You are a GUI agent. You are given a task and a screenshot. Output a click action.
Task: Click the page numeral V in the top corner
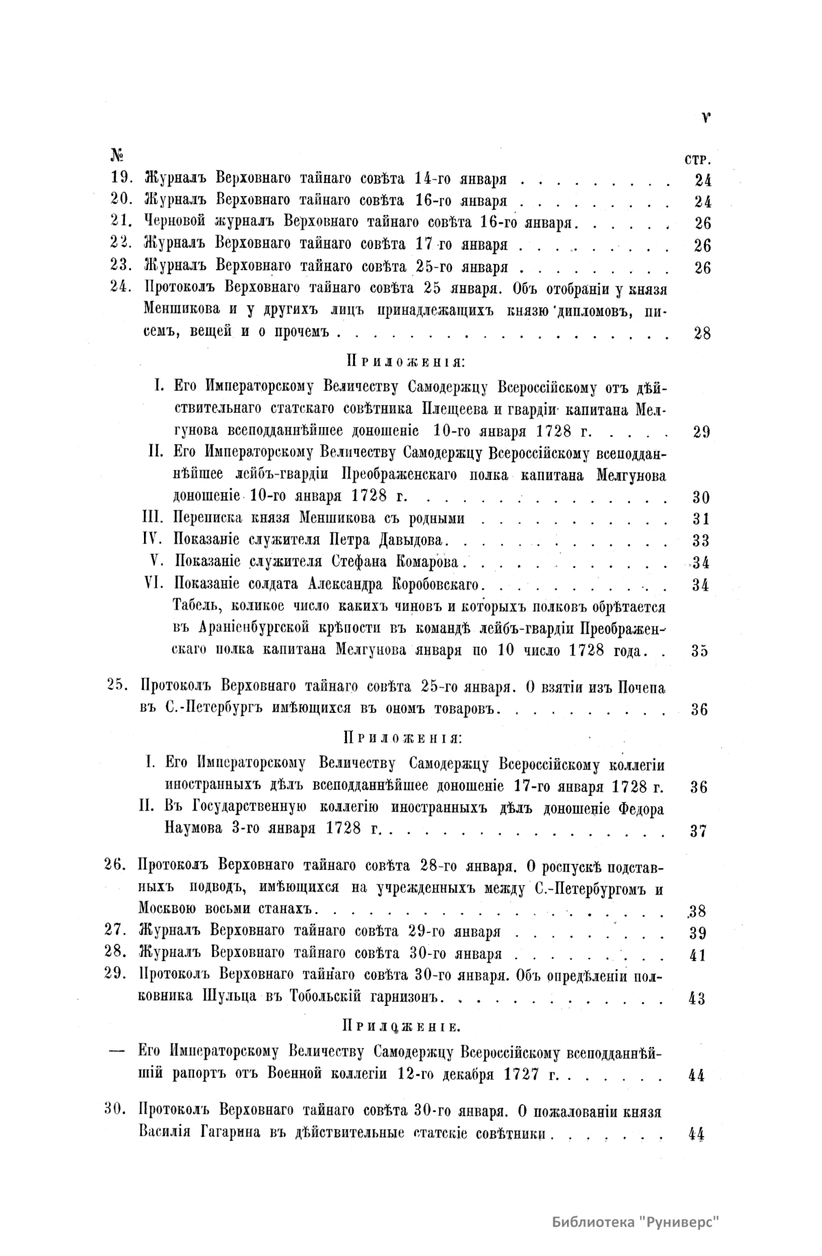(705, 117)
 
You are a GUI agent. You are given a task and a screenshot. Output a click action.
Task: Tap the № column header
(117, 156)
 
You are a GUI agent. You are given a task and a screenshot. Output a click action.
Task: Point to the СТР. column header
(697, 160)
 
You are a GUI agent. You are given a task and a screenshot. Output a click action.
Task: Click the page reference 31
(700, 519)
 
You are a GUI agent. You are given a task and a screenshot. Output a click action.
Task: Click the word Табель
(195, 607)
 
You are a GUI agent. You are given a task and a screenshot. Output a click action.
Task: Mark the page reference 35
(700, 651)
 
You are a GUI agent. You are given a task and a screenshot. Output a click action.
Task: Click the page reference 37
(699, 831)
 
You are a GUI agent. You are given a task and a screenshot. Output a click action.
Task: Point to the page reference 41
(699, 955)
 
